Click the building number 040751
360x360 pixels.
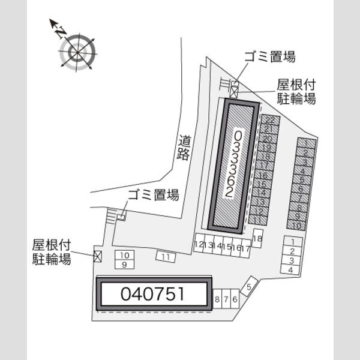pyautogui.click(x=152, y=294)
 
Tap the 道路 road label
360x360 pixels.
pyautogui.click(x=184, y=148)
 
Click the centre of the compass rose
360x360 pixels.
pyautogui.click(x=77, y=53)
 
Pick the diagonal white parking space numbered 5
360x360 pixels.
pyautogui.click(x=249, y=286)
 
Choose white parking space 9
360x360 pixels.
pyautogui.click(x=124, y=265)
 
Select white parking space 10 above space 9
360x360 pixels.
pyautogui.click(x=124, y=256)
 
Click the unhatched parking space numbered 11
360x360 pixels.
pyautogui.click(x=166, y=257)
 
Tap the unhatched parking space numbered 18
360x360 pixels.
pyautogui.click(x=257, y=238)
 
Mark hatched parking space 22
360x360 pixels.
pyautogui.click(x=271, y=119)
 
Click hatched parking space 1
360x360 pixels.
pyautogui.click(x=307, y=143)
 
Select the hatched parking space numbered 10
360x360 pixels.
pyautogui.click(x=296, y=225)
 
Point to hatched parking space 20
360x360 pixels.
pyautogui.click(x=268, y=139)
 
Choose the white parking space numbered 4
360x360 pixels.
pyautogui.click(x=290, y=270)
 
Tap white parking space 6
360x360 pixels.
pyautogui.click(x=235, y=299)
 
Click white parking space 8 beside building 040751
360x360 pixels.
pyautogui.click(x=217, y=299)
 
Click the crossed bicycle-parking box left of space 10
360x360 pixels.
pyautogui.click(x=98, y=256)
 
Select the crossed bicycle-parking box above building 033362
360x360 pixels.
pyautogui.click(x=234, y=92)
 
